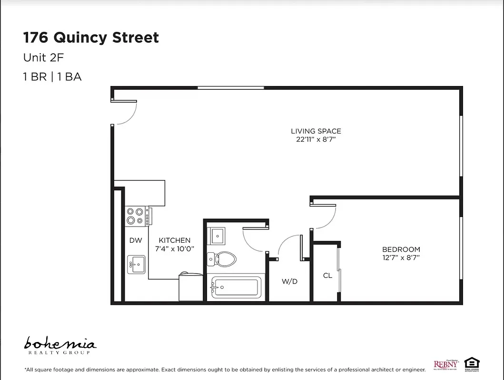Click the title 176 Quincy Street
91,38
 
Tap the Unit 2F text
43,58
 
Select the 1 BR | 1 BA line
52,76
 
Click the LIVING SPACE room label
316,131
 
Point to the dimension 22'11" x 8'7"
316,140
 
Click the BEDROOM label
401,249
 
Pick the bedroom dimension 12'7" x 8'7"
401,258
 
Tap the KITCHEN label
175,240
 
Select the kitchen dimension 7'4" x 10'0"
175,249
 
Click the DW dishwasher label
136,240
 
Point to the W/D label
289,281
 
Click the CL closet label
327,275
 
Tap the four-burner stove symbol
135,216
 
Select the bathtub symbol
236,287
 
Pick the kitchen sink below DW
136,264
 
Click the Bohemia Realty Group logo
60,345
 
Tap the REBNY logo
446,364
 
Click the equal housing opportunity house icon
472,363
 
